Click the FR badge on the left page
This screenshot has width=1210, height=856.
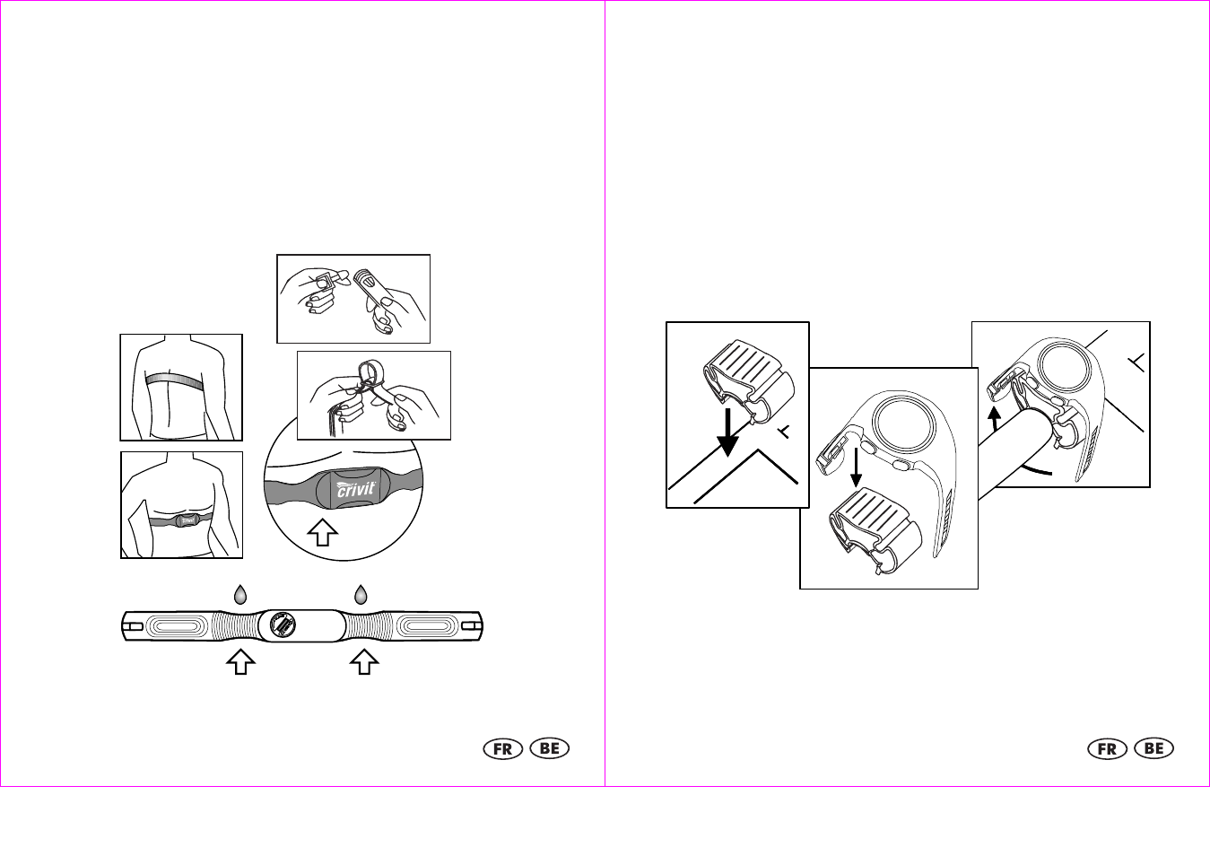[x=503, y=748]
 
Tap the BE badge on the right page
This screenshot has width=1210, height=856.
[x=1154, y=748]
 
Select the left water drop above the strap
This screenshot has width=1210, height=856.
[x=240, y=594]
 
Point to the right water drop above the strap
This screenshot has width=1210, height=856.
[x=361, y=594]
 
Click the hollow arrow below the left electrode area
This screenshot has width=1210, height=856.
[x=241, y=662]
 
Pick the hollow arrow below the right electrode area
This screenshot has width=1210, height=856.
[x=364, y=662]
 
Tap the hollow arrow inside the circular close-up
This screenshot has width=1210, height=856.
[x=323, y=533]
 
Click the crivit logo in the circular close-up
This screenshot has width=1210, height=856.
[x=356, y=488]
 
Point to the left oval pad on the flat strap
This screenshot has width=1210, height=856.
[x=177, y=626]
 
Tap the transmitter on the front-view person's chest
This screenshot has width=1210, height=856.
[x=187, y=520]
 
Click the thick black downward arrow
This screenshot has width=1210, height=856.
[x=728, y=432]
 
